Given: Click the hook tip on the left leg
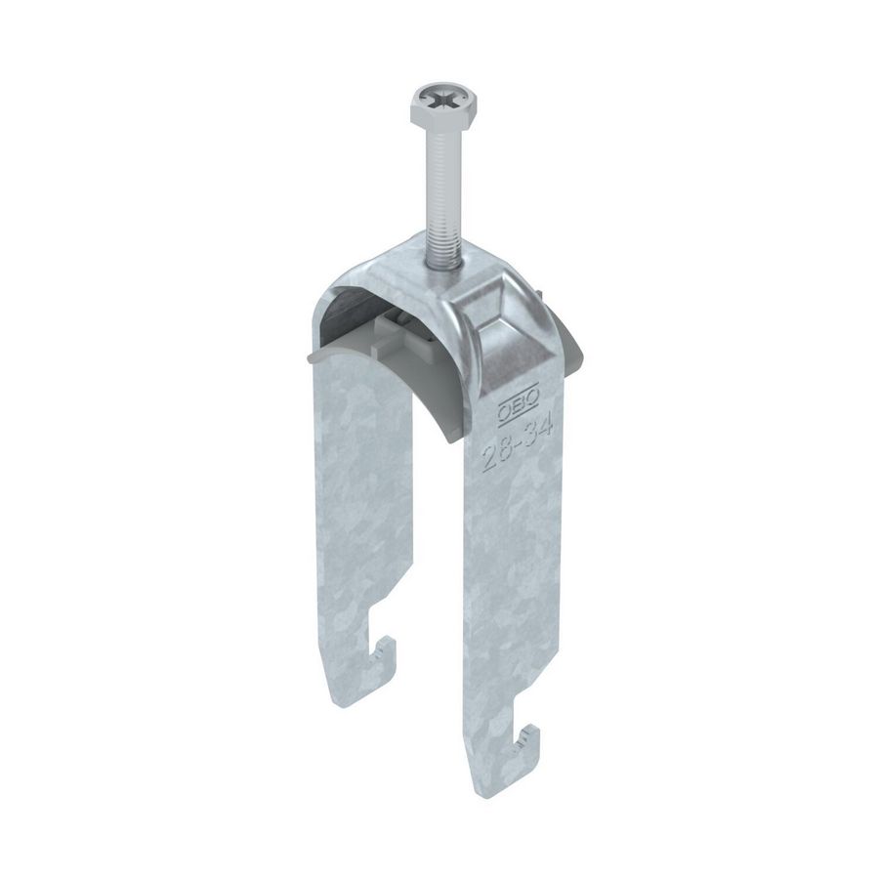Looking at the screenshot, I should tap(390, 647).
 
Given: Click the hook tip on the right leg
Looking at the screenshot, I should tap(536, 732).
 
